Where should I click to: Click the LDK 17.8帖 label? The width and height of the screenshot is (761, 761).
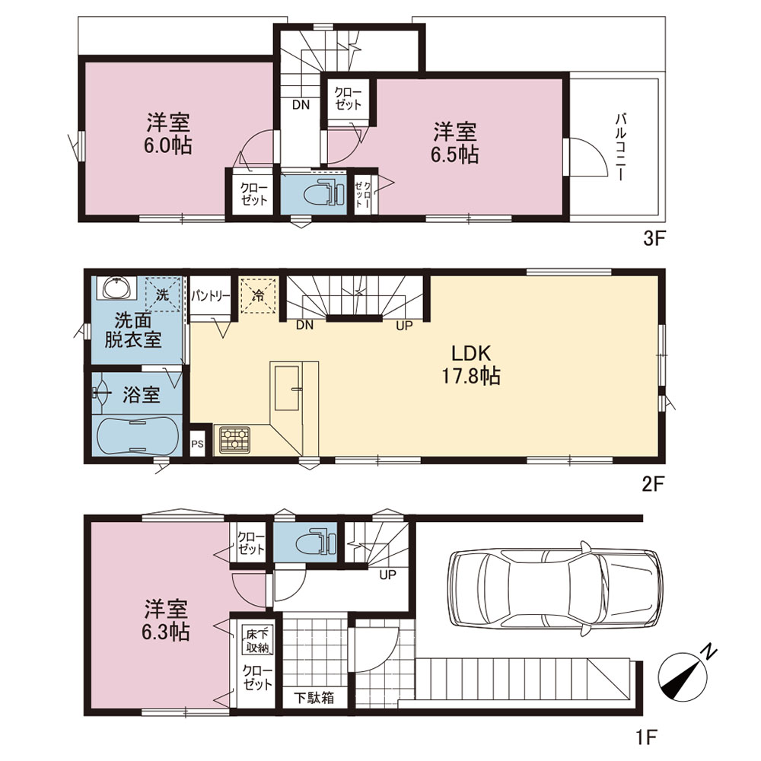click(471, 364)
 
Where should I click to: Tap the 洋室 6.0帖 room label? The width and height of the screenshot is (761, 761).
click(168, 134)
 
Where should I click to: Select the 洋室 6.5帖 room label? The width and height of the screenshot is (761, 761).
click(455, 143)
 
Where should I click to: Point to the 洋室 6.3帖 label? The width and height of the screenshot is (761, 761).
click(166, 620)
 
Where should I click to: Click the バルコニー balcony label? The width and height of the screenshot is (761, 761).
click(620, 147)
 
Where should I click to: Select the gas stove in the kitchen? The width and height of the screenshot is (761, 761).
click(235, 440)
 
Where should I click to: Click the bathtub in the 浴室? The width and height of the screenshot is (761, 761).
click(136, 436)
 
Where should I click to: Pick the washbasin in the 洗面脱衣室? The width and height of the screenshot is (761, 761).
click(117, 288)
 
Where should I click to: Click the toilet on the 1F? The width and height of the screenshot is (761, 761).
click(318, 541)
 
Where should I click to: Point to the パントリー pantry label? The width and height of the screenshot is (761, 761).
click(210, 296)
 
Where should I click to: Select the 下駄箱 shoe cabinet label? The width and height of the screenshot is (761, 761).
click(314, 698)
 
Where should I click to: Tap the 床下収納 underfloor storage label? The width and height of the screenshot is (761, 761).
click(257, 641)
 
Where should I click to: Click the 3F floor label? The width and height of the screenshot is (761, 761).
click(653, 238)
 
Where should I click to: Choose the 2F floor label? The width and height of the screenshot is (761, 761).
click(652, 484)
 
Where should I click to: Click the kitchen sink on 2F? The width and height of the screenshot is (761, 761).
click(287, 388)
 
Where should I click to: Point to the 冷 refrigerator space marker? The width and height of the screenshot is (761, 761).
click(259, 295)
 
